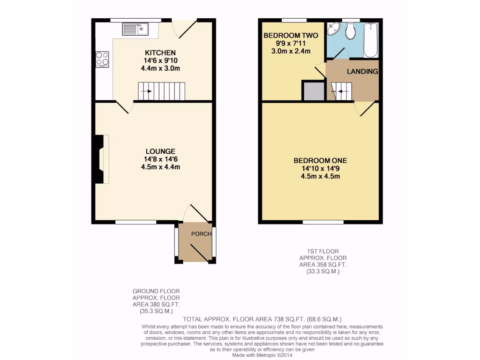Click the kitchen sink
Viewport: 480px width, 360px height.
pyautogui.click(x=135, y=30)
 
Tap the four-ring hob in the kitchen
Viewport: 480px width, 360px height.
pyautogui.click(x=102, y=59)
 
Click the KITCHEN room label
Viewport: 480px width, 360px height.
pyautogui.click(x=160, y=53)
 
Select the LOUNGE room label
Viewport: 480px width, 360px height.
pyautogui.click(x=160, y=151)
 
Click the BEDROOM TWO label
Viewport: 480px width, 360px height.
pyautogui.click(x=291, y=36)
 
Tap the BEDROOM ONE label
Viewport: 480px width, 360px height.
pyautogui.click(x=321, y=160)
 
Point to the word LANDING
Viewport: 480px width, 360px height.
pyautogui.click(x=362, y=72)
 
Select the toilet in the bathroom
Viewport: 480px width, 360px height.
pyautogui.click(x=350, y=31)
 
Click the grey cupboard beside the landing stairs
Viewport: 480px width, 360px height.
pyautogui.click(x=313, y=91)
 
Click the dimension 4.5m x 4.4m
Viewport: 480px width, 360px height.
pyautogui.click(x=160, y=167)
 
